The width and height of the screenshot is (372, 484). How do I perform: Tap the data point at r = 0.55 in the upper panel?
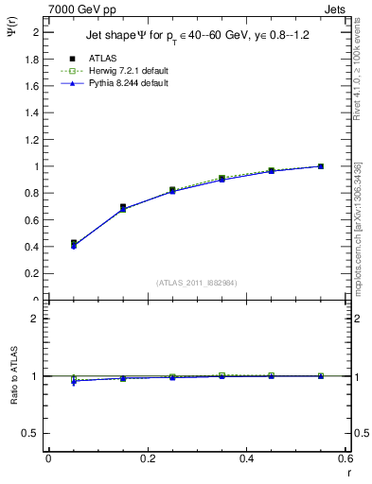pos(321,166)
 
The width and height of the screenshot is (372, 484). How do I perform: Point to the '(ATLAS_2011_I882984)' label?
pos(197,283)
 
